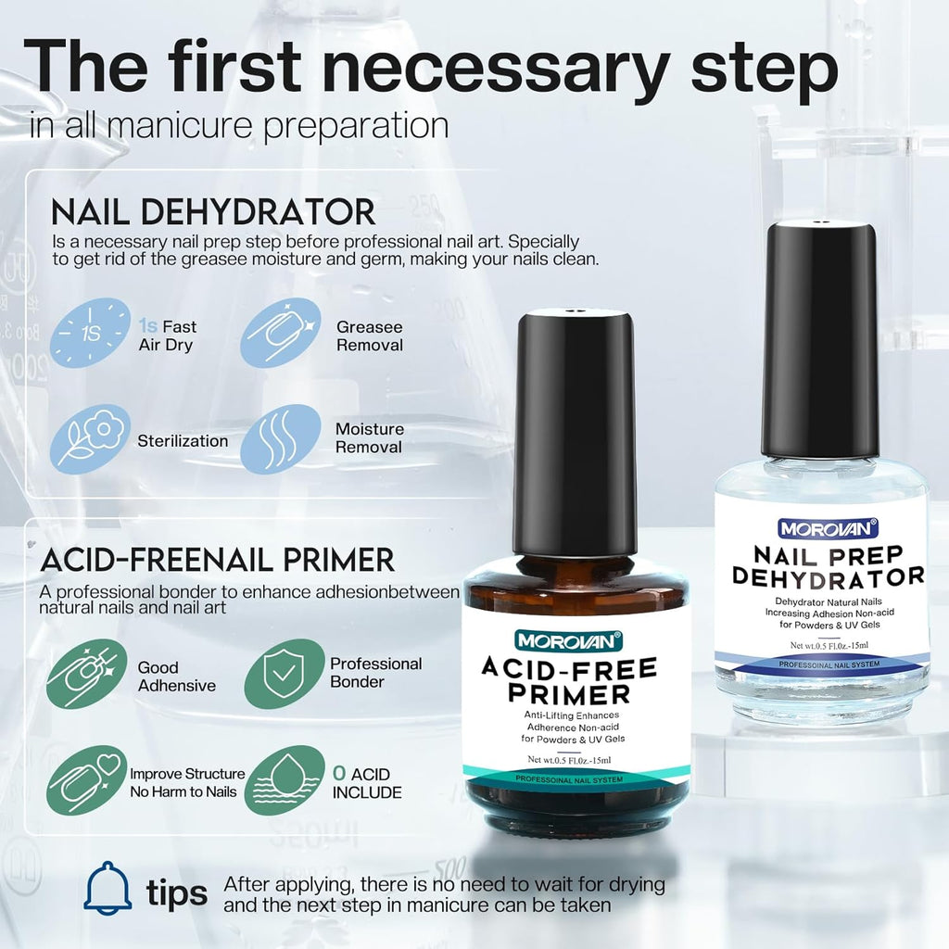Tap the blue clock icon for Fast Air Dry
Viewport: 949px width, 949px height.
(x=90, y=333)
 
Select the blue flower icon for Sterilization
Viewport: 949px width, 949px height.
(x=90, y=440)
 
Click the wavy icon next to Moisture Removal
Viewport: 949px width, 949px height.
(x=281, y=439)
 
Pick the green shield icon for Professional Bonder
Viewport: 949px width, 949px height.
(x=285, y=674)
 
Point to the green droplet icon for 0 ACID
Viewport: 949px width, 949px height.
(x=285, y=781)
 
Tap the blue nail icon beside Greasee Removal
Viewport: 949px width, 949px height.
(x=281, y=333)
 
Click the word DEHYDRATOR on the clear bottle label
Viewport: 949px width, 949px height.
(x=829, y=576)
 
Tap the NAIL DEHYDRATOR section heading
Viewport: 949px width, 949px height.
(x=213, y=211)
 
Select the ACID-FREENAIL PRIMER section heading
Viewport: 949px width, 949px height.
(x=218, y=560)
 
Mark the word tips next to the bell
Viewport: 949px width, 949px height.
(x=176, y=893)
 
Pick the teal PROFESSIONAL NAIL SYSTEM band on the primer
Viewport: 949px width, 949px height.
(x=569, y=779)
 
